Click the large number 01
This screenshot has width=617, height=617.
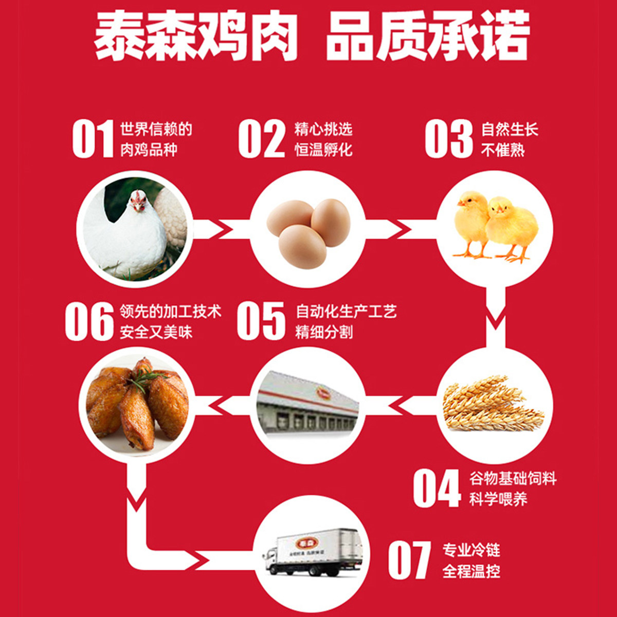tap(93, 139)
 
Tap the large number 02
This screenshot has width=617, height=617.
tap(261, 139)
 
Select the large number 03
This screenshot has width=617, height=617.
tap(448, 139)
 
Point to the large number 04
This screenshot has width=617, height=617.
tap(437, 488)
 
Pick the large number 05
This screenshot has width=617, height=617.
tap(261, 321)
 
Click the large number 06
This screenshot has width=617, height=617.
tap(89, 321)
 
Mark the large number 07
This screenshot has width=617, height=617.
tap(409, 560)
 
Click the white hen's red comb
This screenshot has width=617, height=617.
tap(138, 195)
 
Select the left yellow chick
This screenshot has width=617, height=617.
tap(471, 221)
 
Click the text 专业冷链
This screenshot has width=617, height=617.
tap(471, 550)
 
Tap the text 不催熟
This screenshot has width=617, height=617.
tap(503, 150)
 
